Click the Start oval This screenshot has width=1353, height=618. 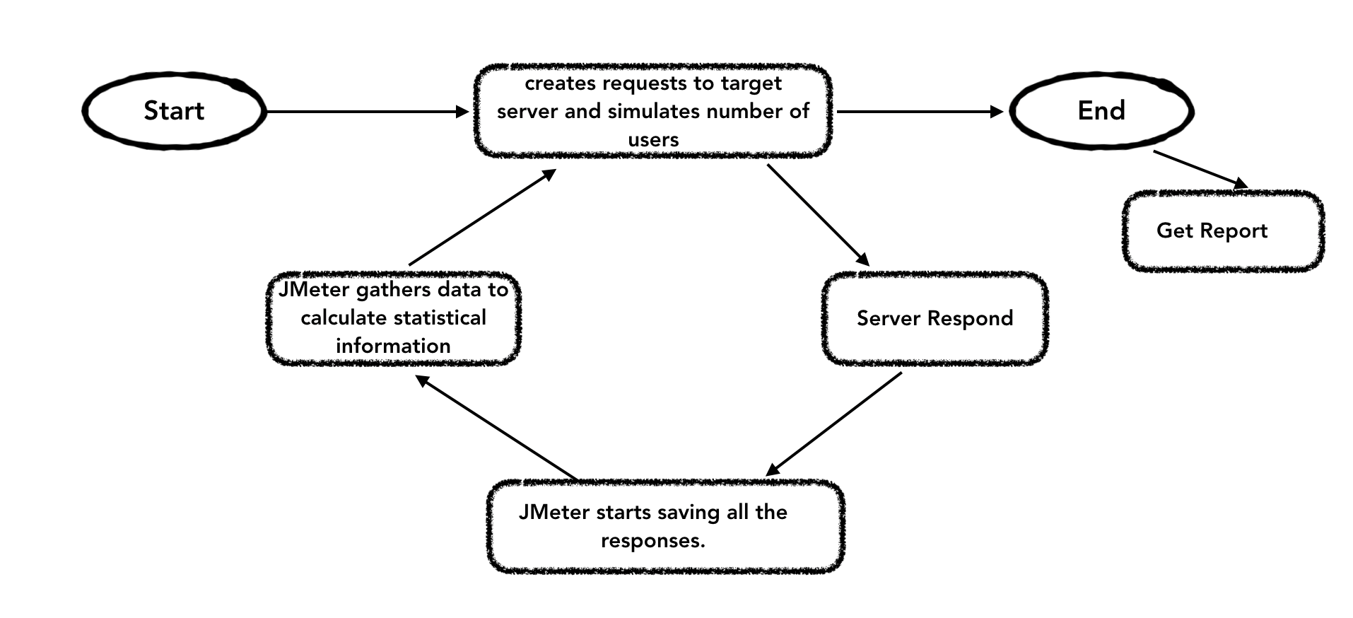click(x=174, y=110)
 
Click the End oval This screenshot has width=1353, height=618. click(x=1101, y=110)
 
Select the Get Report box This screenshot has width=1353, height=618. click(x=1222, y=231)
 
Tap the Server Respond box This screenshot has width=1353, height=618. click(x=935, y=318)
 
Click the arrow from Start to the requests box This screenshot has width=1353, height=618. click(x=368, y=112)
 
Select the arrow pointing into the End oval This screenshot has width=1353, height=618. click(x=919, y=112)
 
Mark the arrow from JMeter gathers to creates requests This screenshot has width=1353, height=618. click(x=482, y=218)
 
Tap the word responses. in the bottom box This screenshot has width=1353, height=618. click(x=652, y=541)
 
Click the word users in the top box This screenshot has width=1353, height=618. click(x=653, y=139)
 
